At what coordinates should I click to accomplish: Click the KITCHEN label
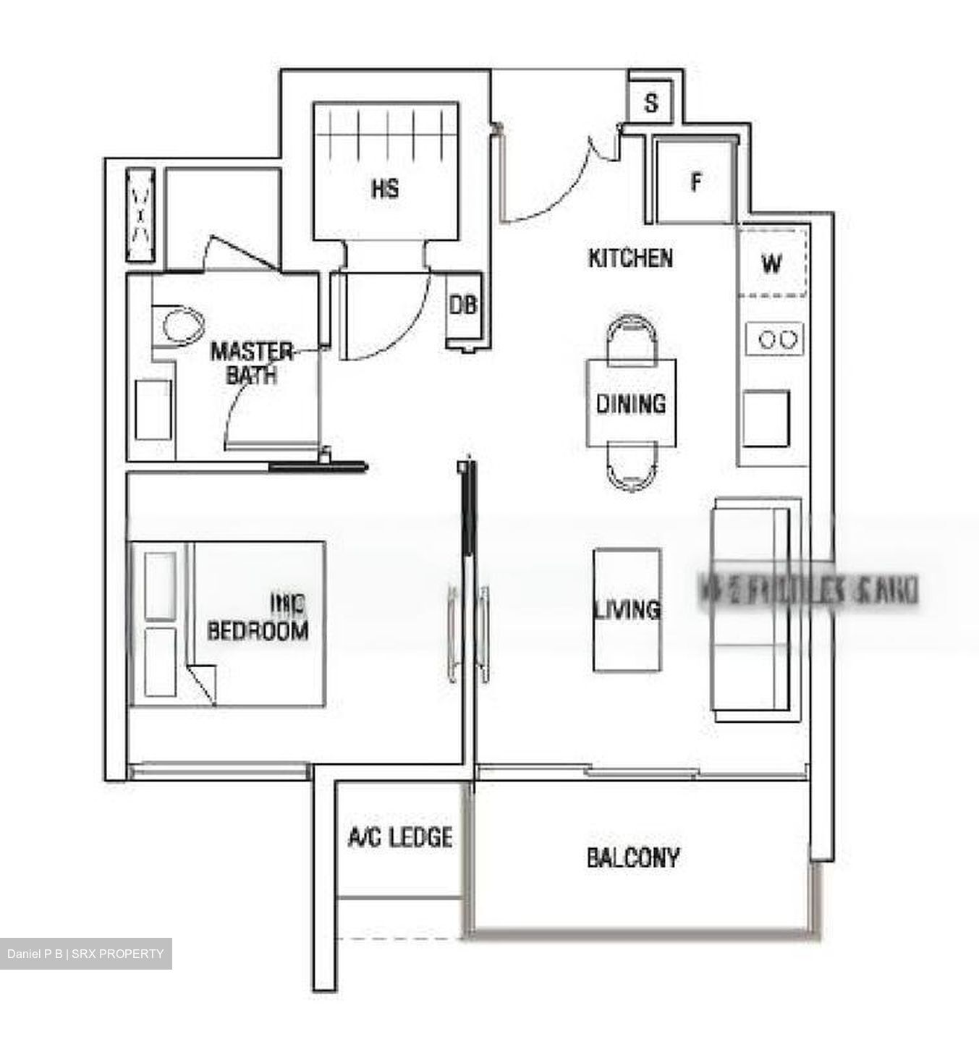tap(630, 258)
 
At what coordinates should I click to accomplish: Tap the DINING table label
tap(630, 403)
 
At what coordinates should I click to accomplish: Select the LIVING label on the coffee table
tap(627, 609)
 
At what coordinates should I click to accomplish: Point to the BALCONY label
tap(633, 857)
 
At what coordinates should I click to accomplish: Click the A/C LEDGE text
tap(400, 837)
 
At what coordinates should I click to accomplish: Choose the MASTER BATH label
tap(251, 363)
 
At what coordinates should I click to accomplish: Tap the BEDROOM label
tap(258, 630)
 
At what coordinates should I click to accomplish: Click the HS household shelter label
tap(385, 189)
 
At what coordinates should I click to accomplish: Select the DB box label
tap(463, 305)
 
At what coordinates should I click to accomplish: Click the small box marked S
tap(651, 103)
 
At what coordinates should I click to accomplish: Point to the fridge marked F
tap(695, 182)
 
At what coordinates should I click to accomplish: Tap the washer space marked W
tap(771, 263)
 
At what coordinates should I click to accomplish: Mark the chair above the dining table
tap(631, 337)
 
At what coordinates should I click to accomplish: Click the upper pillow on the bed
tap(160, 585)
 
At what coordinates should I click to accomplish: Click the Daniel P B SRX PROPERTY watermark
tap(86, 954)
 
